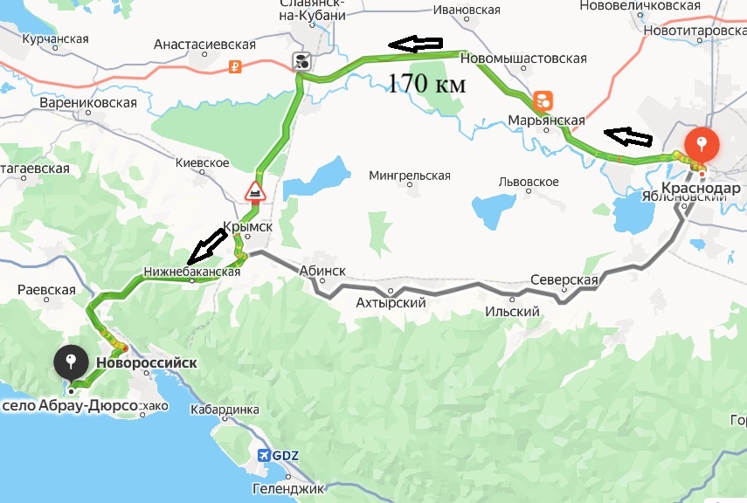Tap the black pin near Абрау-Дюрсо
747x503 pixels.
pos(70,361)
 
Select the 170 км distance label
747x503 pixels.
pos(426,85)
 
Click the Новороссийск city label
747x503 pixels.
pos(146,362)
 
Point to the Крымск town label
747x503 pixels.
pos(248,225)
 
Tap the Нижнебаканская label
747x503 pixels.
pos(192,272)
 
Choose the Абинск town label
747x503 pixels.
pos(322,271)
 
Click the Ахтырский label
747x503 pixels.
pos(391,303)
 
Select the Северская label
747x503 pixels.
pos(564,280)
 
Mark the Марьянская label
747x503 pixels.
pos(548,120)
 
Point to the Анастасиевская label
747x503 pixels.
pos(204,45)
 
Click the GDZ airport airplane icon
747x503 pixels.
pos(265,455)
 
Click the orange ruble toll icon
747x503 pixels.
pos(234,65)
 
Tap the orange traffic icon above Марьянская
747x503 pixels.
pos(543,98)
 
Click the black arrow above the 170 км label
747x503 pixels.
pos(416,43)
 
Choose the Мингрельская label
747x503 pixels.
pos(410,176)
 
